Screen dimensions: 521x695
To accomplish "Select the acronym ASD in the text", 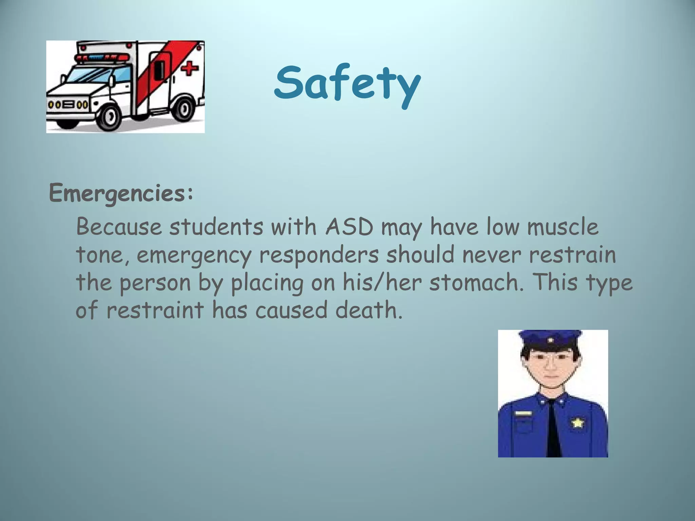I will click(349, 227).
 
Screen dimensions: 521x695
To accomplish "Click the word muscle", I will click(563, 227).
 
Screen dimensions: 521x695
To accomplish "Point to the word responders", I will click(319, 255).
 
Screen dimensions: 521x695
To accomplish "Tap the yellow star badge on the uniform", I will click(577, 422).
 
